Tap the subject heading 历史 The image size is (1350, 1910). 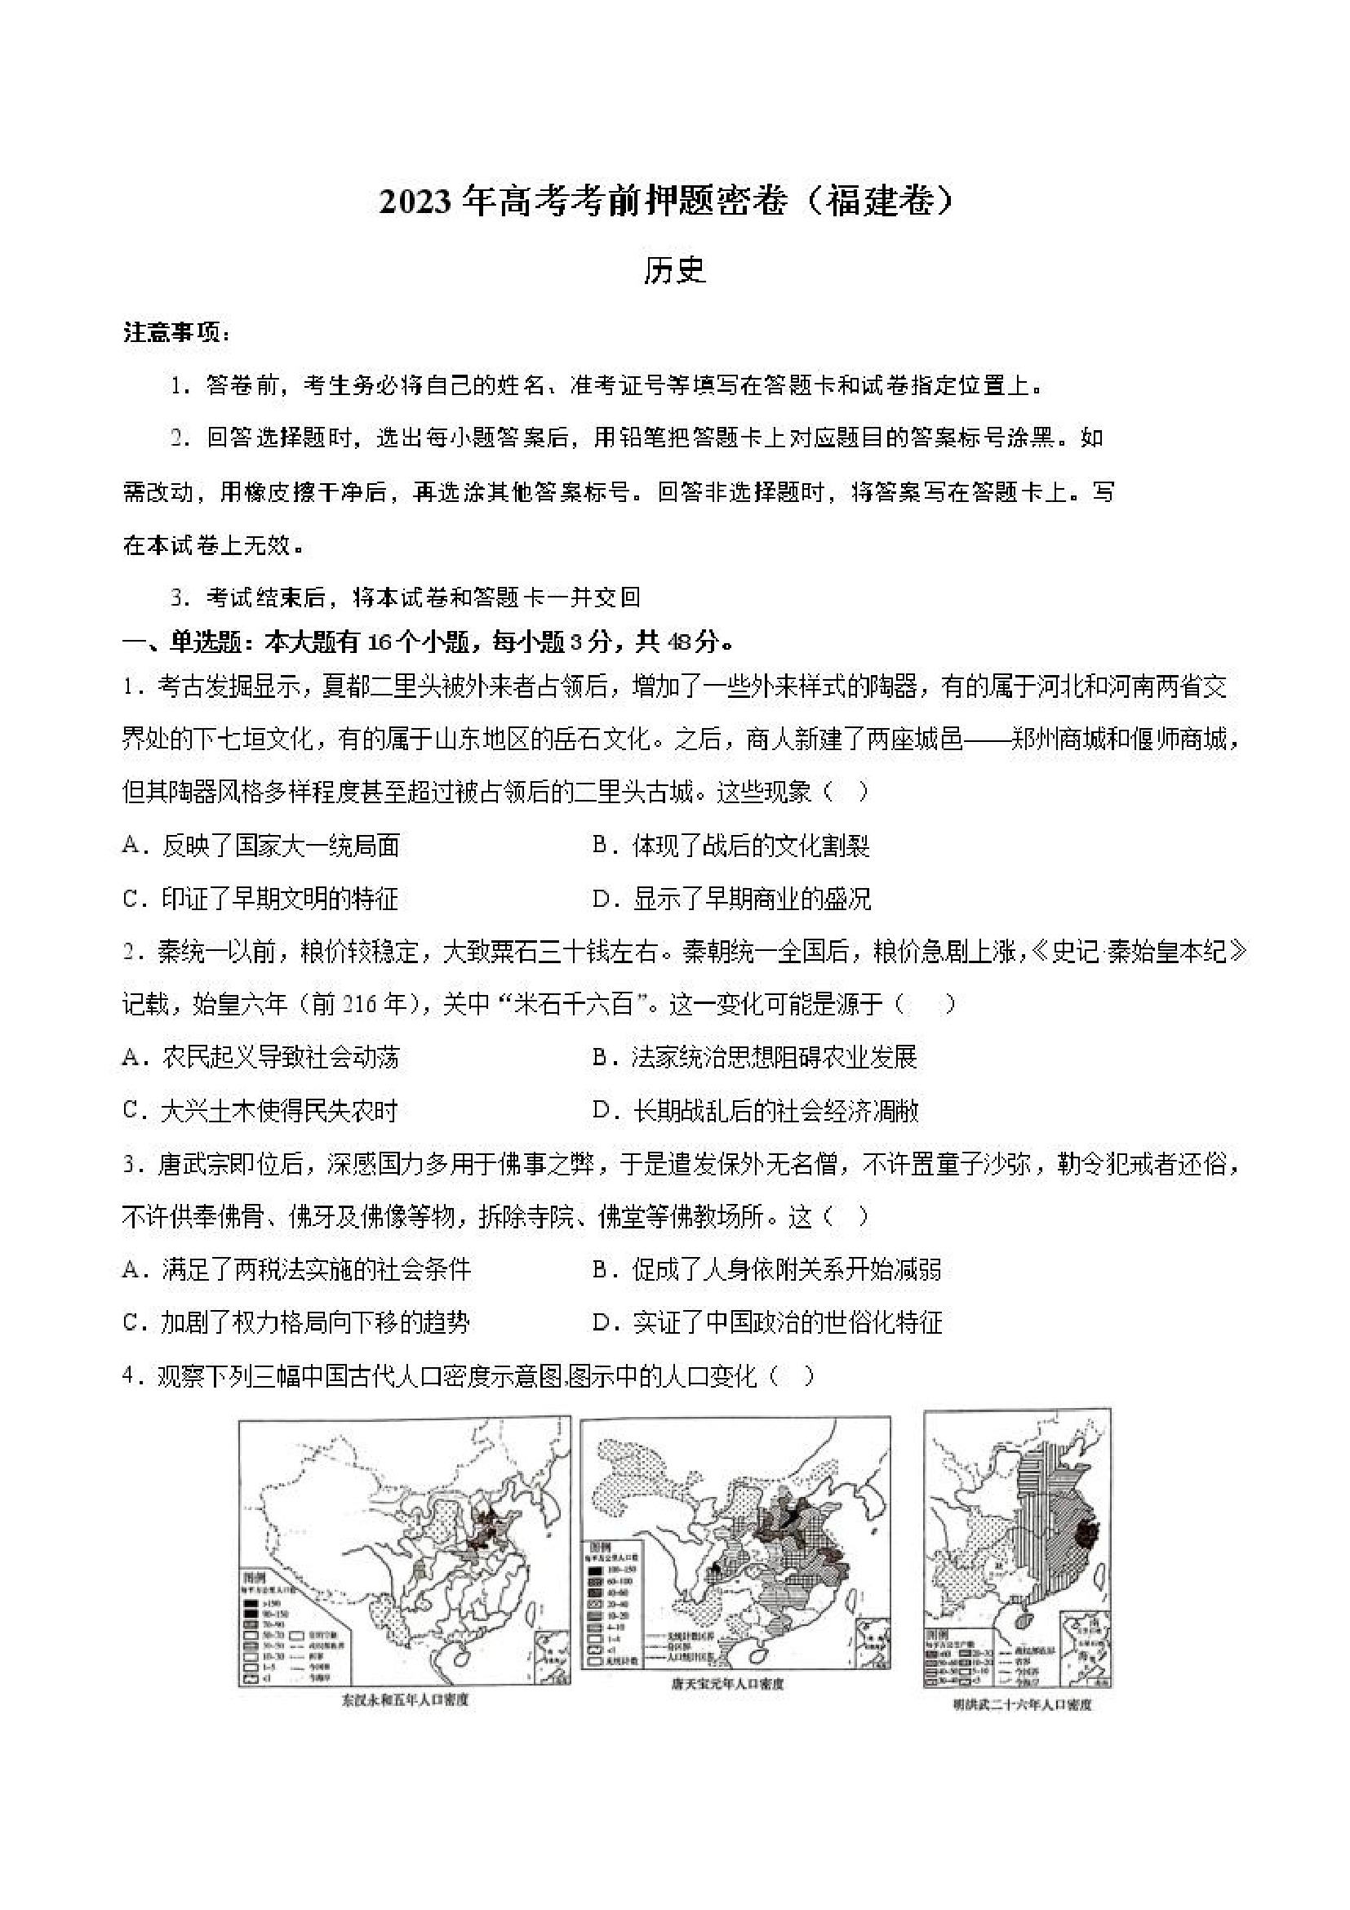point(673,271)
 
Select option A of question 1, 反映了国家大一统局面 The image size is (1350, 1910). point(261,846)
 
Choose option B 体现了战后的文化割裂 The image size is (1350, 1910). point(731,846)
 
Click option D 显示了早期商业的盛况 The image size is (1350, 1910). point(731,899)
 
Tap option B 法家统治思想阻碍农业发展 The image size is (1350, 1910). point(754,1057)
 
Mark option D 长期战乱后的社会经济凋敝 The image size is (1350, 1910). point(755,1111)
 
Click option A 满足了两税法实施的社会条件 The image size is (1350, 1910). point(296,1269)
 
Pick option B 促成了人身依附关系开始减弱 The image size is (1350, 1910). point(767,1269)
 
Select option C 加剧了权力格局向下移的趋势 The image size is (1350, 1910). point(296,1322)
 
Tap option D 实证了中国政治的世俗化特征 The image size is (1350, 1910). point(767,1322)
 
